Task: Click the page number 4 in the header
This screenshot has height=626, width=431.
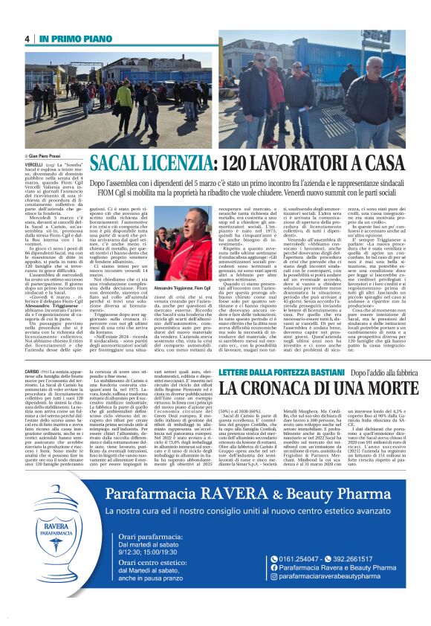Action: click(x=27, y=39)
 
